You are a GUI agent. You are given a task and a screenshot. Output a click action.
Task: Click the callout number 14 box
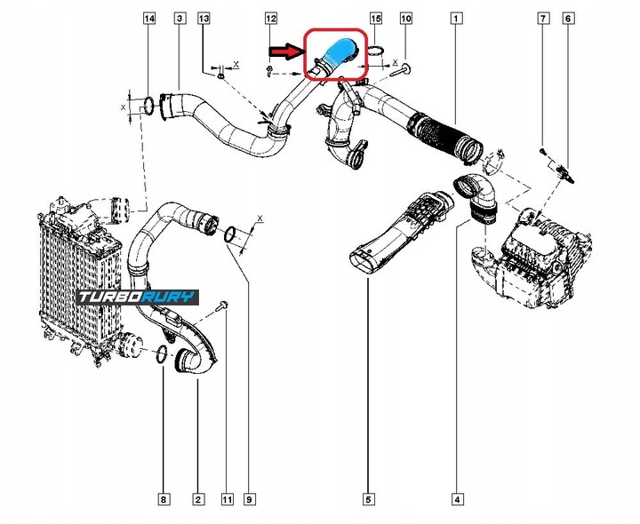(149, 19)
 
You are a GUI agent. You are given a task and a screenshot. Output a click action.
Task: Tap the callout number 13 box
(204, 19)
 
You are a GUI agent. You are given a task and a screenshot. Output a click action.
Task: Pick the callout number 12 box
(271, 19)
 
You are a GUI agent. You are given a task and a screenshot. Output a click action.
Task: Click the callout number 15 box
(376, 19)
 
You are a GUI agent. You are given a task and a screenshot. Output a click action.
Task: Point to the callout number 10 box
(405, 19)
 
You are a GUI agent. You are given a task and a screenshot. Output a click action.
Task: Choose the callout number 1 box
(456, 19)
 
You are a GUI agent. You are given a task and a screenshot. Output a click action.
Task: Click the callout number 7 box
(540, 19)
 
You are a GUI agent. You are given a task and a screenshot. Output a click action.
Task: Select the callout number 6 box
(569, 19)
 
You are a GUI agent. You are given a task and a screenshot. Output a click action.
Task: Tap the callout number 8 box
(164, 501)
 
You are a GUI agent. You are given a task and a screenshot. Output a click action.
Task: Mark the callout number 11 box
(227, 501)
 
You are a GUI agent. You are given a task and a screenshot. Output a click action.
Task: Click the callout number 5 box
(366, 501)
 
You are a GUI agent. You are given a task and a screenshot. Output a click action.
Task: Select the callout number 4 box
(457, 501)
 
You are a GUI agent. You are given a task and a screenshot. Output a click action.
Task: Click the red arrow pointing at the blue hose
(286, 52)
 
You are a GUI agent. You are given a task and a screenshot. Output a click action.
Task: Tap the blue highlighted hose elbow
(338, 53)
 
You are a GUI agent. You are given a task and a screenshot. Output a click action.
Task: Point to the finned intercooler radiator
(75, 275)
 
